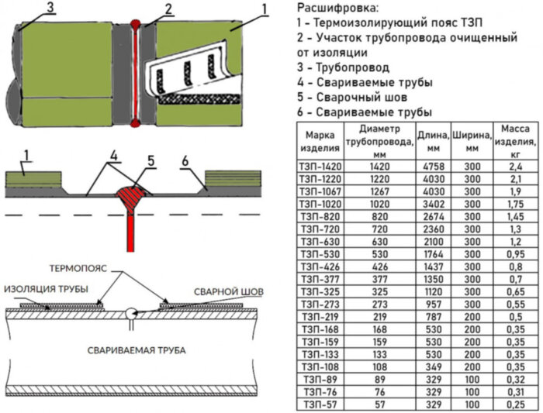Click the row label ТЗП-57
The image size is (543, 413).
point(319,404)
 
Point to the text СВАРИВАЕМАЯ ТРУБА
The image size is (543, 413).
point(136,350)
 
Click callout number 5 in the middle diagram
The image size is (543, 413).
point(150,160)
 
